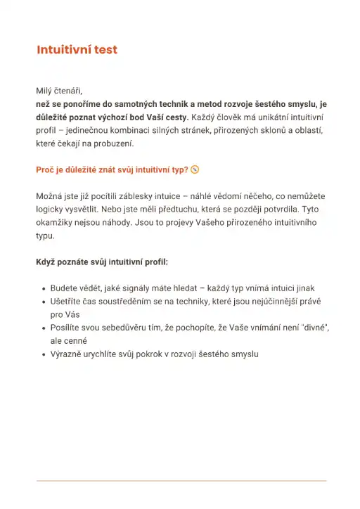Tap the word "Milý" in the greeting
tap(44, 90)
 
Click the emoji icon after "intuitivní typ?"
tap(195, 169)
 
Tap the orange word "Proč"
tap(46, 169)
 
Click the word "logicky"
tap(50, 210)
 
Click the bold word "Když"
tap(46, 262)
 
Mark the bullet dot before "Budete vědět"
tap(44, 289)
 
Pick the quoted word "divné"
tap(312, 328)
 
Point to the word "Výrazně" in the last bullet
tap(67, 354)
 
